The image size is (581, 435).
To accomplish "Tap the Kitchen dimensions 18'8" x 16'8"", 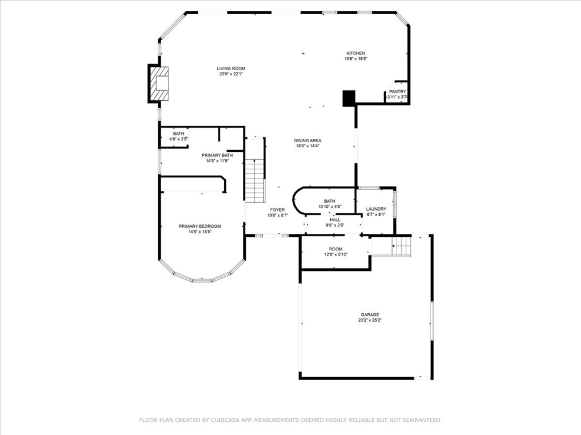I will coord(356,59).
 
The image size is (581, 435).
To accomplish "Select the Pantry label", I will coord(397,92).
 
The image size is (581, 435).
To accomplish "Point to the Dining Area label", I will coord(308,140).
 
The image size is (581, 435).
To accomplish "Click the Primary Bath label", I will coord(217,155).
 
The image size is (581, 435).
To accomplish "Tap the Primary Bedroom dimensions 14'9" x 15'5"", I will coord(200,231).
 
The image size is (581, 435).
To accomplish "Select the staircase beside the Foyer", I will coord(255,180).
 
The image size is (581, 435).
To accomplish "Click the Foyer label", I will coord(277,210).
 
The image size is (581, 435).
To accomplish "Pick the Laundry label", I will coord(376,209).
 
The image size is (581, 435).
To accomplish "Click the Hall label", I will coord(335,220).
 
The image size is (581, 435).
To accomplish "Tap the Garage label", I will coord(369,315).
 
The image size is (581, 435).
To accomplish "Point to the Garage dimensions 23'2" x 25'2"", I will coord(369,320).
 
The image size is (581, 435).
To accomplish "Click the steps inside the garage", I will coord(401,247).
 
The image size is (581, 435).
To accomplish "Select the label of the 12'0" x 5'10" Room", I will coord(336,249).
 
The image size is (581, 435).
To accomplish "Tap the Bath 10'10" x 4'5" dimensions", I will coord(330,207).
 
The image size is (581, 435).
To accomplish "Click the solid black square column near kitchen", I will coord(348,98).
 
